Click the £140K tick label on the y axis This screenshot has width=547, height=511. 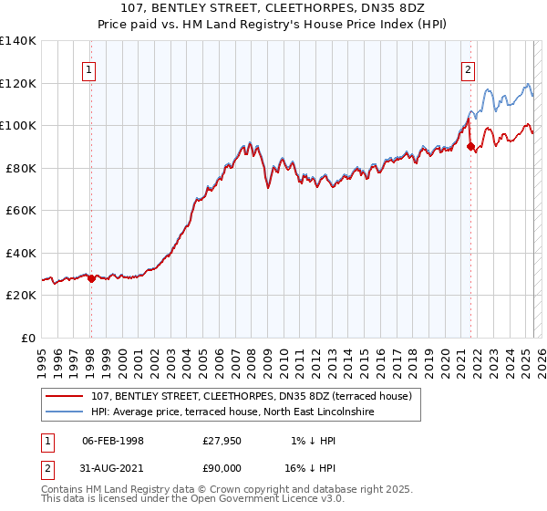click(x=18, y=41)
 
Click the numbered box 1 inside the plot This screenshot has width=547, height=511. click(x=89, y=68)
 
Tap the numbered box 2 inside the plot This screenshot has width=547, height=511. click(x=468, y=68)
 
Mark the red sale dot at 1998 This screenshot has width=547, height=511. click(x=91, y=279)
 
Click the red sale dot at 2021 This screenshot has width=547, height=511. click(x=471, y=146)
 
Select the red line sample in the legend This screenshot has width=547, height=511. click(x=66, y=396)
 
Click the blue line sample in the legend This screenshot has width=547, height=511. click(x=66, y=412)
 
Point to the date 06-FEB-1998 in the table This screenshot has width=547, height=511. click(x=113, y=440)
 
